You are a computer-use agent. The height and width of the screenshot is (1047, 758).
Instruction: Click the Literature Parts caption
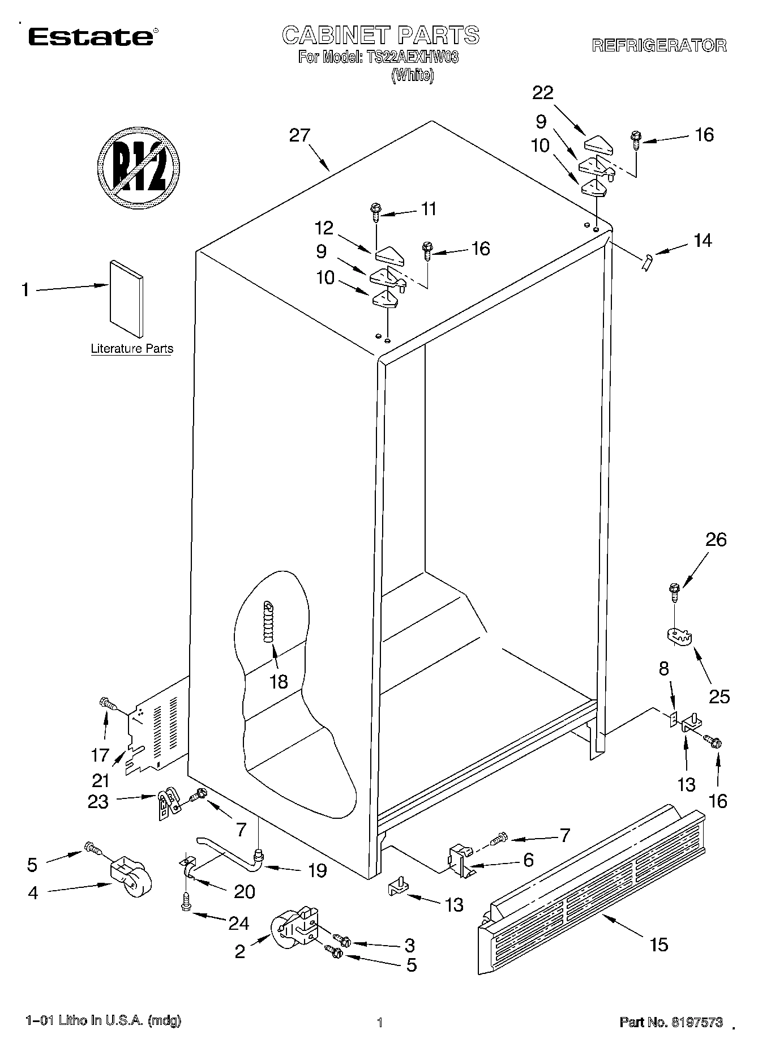[x=132, y=349]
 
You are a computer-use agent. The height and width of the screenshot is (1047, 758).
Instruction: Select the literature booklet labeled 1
[x=127, y=298]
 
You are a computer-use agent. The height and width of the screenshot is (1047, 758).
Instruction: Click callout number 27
[x=299, y=135]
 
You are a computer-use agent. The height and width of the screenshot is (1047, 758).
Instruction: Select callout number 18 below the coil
[x=279, y=681]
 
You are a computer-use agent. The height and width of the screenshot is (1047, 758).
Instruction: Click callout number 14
[x=702, y=241]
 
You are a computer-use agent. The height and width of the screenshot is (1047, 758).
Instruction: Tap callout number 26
[x=716, y=540]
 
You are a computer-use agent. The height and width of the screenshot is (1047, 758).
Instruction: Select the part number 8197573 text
[x=671, y=1022]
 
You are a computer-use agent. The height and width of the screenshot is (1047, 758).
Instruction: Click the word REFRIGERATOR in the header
[x=659, y=46]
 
